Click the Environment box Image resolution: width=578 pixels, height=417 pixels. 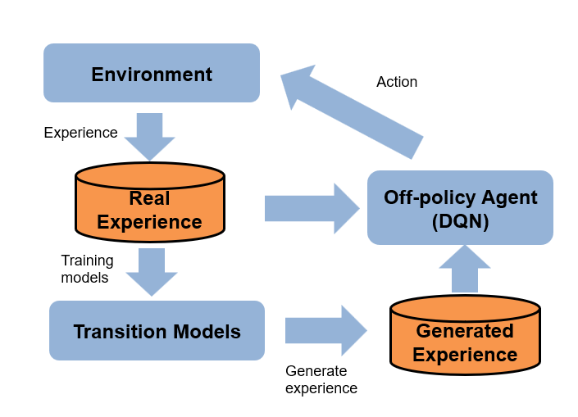pos(152,73)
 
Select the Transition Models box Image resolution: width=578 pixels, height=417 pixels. pos(157,331)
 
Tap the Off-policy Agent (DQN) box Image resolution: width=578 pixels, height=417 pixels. pos(460,208)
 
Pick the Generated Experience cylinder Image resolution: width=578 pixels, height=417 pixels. pos(465,336)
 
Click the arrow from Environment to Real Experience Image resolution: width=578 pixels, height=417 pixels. pos(149,136)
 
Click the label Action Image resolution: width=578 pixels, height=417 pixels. pos(397,82)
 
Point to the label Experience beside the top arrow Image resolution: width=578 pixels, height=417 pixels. pos(80,132)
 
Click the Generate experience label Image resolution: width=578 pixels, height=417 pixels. pos(321,379)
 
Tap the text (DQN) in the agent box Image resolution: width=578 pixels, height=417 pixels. pos(460,221)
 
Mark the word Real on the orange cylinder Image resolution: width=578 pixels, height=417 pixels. pos(149,198)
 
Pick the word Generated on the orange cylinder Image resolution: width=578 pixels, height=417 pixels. pos(465,331)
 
